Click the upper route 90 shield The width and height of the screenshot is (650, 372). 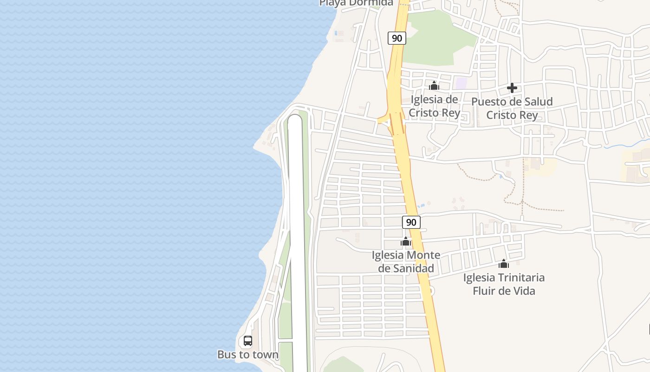pyautogui.click(x=397, y=38)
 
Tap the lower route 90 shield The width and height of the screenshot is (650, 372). pyautogui.click(x=411, y=222)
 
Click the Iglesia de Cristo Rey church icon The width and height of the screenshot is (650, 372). pyautogui.click(x=434, y=86)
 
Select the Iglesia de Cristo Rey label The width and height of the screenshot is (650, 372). pyautogui.click(x=435, y=106)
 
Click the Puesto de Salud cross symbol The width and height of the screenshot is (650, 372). pyautogui.click(x=512, y=88)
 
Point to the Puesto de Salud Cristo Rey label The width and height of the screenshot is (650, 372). pyautogui.click(x=512, y=108)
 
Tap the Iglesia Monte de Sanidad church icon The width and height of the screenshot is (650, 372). pyautogui.click(x=406, y=241)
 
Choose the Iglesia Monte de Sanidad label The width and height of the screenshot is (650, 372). pyautogui.click(x=406, y=262)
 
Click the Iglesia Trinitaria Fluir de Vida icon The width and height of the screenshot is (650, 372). pyautogui.click(x=504, y=264)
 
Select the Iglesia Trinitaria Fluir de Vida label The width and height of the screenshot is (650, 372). pyautogui.click(x=504, y=284)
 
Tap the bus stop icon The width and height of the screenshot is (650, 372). pyautogui.click(x=248, y=341)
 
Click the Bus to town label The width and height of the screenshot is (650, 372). pyautogui.click(x=248, y=355)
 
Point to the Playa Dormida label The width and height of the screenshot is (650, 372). pyautogui.click(x=356, y=3)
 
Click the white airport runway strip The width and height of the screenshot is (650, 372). pyautogui.click(x=297, y=232)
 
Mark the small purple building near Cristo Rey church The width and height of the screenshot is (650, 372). pyautogui.click(x=461, y=83)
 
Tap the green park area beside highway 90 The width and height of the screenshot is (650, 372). pyautogui.click(x=432, y=42)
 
